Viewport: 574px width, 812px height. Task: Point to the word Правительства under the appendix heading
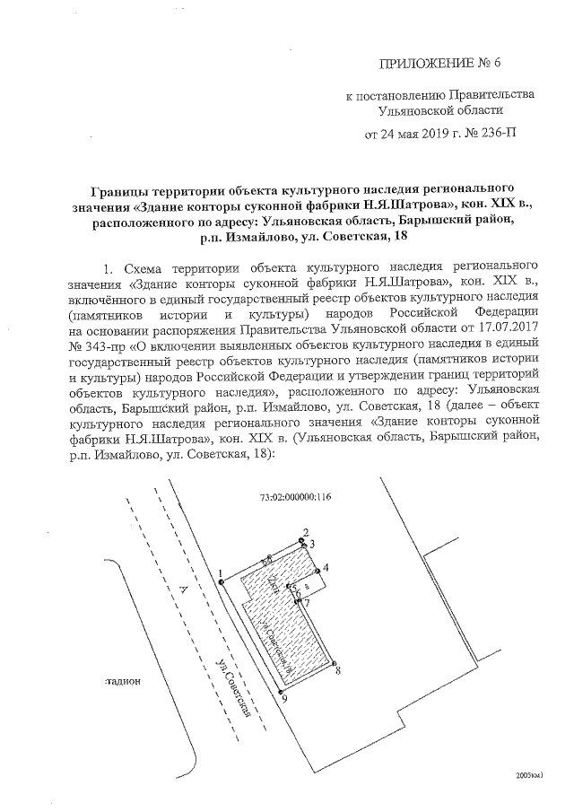[489, 94]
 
